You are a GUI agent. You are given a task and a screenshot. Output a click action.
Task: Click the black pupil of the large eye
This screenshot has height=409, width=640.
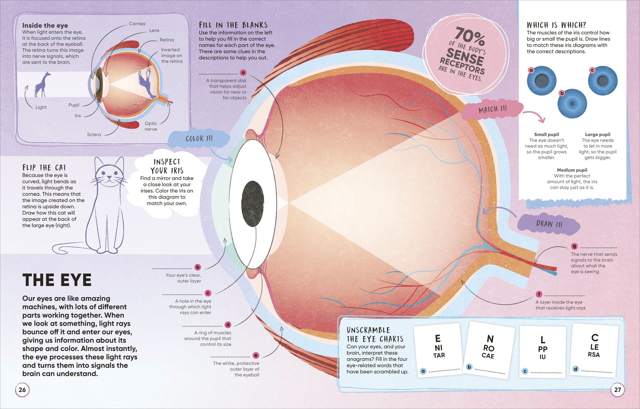click(x=253, y=204)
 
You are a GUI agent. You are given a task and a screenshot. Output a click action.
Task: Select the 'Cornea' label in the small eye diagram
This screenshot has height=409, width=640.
click(x=137, y=24)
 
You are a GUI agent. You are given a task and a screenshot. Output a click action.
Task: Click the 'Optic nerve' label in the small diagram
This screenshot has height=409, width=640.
click(x=151, y=126)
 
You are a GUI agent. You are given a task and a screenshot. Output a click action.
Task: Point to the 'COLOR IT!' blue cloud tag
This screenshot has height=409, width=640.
click(x=199, y=139)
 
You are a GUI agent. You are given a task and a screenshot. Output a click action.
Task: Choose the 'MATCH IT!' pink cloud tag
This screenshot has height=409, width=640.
click(x=492, y=110)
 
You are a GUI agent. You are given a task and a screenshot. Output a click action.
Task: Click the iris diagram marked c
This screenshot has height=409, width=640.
click(x=603, y=81)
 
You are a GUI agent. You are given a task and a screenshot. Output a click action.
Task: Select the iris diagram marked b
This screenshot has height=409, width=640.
click(x=572, y=103)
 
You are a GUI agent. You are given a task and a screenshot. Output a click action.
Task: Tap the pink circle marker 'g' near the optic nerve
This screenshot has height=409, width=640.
click(x=574, y=246)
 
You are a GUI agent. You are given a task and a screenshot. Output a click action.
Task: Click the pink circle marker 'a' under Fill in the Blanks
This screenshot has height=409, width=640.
click(x=243, y=73)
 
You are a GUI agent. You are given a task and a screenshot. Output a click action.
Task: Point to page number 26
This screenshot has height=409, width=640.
click(x=22, y=389)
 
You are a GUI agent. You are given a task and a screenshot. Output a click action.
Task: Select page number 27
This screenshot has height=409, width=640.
click(x=617, y=389)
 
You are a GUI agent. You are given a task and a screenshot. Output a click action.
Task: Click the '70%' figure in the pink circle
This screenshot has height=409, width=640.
click(x=470, y=36)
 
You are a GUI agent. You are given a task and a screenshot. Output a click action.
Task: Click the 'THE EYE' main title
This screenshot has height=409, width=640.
click(x=57, y=280)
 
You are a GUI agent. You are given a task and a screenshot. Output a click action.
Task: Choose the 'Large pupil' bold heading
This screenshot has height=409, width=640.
click(x=597, y=134)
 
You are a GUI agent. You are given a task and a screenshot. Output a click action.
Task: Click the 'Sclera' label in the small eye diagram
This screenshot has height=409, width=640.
click(x=94, y=134)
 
